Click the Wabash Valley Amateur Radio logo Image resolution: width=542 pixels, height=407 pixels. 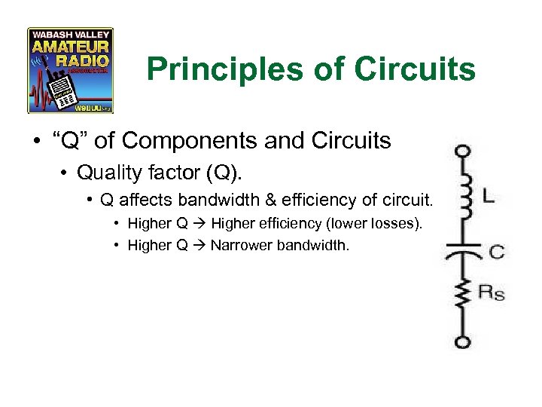[x=70, y=70]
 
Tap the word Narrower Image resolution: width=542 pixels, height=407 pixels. [x=242, y=245]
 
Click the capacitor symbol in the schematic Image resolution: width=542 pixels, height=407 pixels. [x=464, y=252]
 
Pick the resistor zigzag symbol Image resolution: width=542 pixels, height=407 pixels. [x=464, y=296]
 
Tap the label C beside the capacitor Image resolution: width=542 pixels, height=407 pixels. [x=496, y=252]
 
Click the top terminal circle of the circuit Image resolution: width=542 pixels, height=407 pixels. [x=464, y=151]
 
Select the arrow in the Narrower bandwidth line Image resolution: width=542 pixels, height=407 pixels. [x=199, y=245]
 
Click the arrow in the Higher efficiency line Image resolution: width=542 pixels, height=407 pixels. [x=199, y=223]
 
